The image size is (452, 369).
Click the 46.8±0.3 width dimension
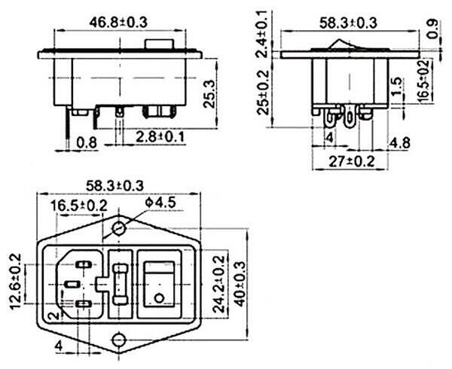click(118, 22)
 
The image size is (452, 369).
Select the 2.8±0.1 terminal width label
click(160, 137)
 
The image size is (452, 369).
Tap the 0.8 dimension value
click(87, 142)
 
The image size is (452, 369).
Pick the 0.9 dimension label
click(432, 29)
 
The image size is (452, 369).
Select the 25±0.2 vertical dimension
click(263, 92)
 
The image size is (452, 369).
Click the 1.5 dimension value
click(397, 86)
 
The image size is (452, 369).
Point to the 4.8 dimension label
click(399, 142)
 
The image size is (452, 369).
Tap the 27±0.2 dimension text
click(351, 161)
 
